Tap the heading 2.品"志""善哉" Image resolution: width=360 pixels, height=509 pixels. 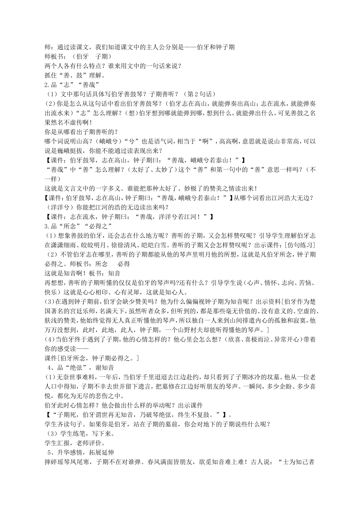72,84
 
